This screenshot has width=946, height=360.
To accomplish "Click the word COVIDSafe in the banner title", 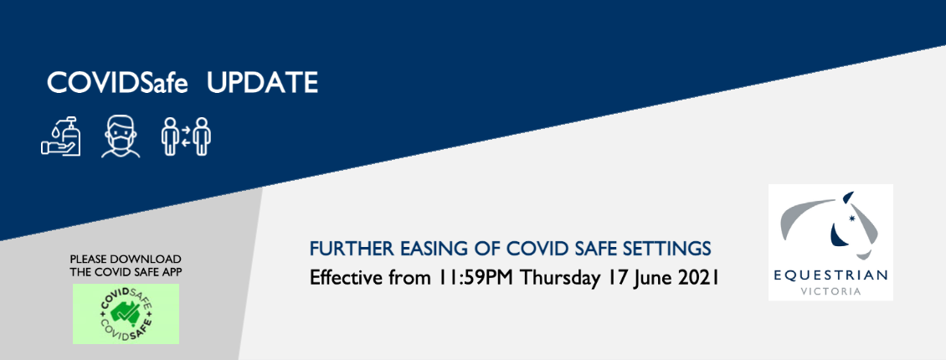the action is click(118, 83).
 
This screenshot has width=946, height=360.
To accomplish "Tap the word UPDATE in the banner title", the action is click(262, 83).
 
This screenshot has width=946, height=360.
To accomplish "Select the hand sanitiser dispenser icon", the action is click(61, 136).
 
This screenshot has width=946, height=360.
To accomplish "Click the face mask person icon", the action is click(121, 137).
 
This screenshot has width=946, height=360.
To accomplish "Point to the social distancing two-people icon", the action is click(187, 136).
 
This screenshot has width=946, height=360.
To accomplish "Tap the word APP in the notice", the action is click(172, 272).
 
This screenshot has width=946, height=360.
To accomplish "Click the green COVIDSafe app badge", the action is click(126, 314).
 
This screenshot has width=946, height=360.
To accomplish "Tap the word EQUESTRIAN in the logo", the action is click(830, 275).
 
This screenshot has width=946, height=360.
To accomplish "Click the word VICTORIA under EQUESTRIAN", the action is click(830, 291).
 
